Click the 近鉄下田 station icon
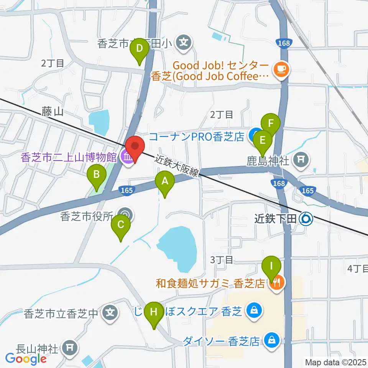tap(306, 219)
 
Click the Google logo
tap(26, 358)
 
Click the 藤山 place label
tap(53, 112)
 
